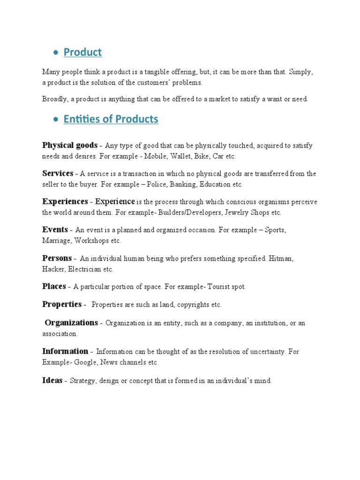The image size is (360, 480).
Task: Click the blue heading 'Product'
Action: point(82,52)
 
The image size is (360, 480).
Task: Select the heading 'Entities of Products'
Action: point(111,119)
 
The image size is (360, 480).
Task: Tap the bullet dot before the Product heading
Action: point(55,53)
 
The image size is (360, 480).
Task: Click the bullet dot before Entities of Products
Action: point(55,120)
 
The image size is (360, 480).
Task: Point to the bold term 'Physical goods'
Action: point(70,145)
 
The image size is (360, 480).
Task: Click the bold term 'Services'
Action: point(58,173)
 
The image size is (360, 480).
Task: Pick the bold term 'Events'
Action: point(55,230)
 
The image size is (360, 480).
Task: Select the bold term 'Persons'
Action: point(57,258)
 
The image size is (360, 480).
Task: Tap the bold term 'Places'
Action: point(54,286)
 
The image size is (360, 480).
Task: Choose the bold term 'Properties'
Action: point(62,304)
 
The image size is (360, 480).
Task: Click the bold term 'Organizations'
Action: point(71,323)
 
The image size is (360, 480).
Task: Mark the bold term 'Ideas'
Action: point(52,381)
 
